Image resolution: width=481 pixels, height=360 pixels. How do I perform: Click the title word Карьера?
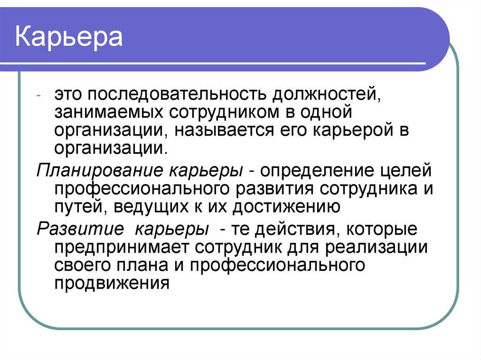point(69,38)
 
